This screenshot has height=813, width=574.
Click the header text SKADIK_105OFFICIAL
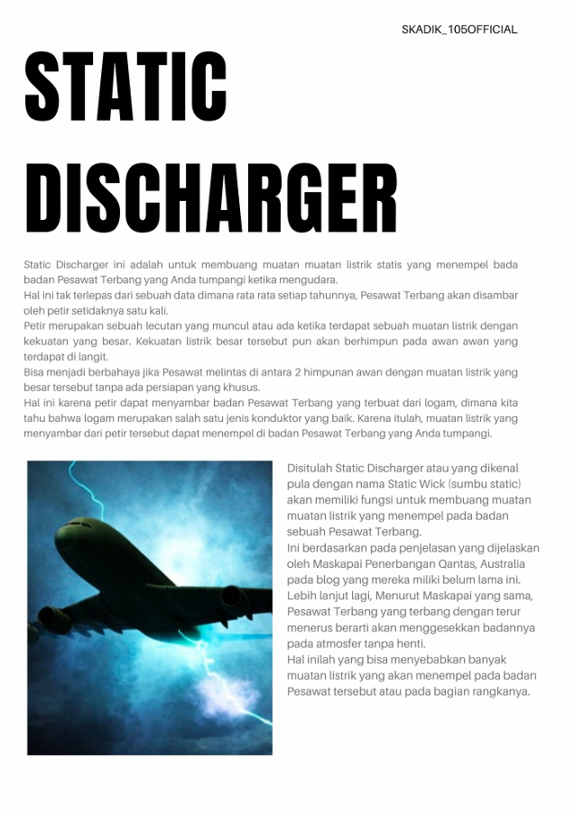[459, 30]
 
